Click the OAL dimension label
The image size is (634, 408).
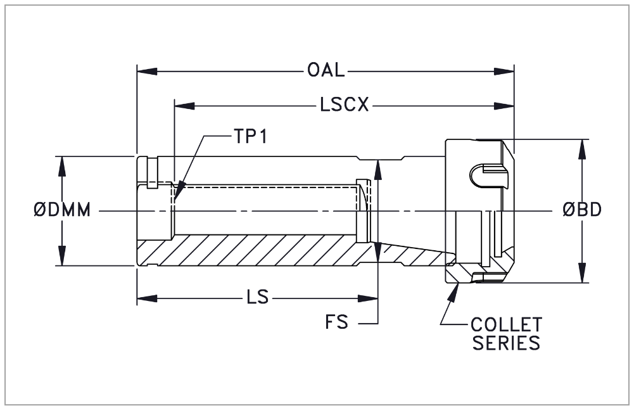(326, 70)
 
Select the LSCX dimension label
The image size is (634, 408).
(345, 105)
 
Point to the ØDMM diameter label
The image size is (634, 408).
(61, 210)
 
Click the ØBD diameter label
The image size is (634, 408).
(581, 210)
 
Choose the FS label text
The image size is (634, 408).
(337, 322)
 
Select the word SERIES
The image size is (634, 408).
(506, 343)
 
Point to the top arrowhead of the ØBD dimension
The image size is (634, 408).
(582, 145)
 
